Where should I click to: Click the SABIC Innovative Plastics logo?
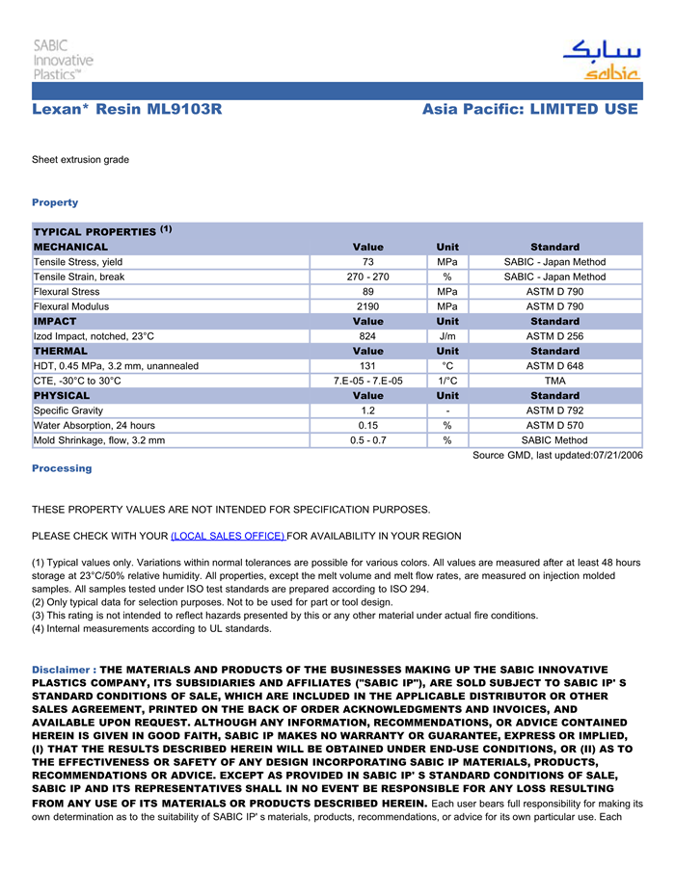[x=64, y=60]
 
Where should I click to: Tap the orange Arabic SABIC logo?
[x=603, y=61]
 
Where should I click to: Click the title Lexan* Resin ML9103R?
[x=127, y=110]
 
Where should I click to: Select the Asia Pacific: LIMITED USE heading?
[x=529, y=110]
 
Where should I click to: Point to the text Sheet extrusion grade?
[x=80, y=159]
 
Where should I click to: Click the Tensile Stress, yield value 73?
[x=367, y=262]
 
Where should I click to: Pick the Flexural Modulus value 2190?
[x=367, y=306]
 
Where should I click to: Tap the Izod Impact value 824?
[x=367, y=336]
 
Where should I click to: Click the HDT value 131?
[x=367, y=366]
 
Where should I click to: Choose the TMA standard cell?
[x=554, y=381]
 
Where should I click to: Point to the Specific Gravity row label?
[x=68, y=410]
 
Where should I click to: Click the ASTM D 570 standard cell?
[x=554, y=425]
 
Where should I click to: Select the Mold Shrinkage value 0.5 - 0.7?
[x=367, y=440]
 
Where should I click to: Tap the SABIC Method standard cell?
[x=554, y=440]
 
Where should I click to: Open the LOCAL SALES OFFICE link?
[x=228, y=536]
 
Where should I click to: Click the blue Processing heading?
[x=62, y=468]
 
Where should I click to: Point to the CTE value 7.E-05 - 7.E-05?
[x=367, y=381]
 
